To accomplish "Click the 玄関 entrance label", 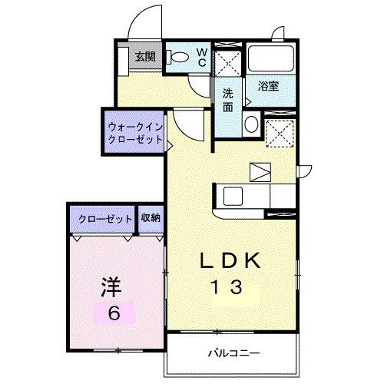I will [144, 56].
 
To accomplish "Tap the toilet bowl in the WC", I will [179, 56].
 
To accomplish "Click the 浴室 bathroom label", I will [268, 86].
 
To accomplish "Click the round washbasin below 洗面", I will [250, 124].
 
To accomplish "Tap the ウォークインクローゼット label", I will [135, 133].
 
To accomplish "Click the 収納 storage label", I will [151, 218].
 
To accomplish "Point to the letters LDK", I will [230, 261].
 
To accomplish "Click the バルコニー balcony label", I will [233, 353].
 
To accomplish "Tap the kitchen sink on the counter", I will [233, 194].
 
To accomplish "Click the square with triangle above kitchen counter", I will [260, 171].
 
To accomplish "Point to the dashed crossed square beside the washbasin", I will [280, 133].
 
